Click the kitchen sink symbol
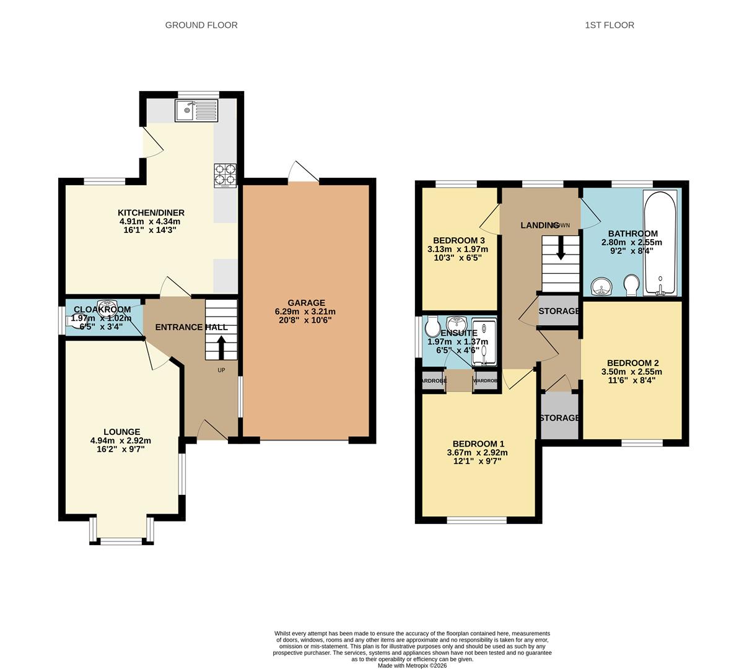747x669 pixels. pos(197,111)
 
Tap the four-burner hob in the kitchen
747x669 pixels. pos(225,175)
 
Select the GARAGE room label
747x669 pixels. pos(306,303)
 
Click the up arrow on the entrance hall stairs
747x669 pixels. pos(221,348)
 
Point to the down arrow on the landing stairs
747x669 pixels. pos(561,250)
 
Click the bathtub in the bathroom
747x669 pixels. pos(660,243)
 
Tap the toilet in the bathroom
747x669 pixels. pos(632,286)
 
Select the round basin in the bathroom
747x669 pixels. pos(601,286)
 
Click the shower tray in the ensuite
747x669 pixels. pos(484,340)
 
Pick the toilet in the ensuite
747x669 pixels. pos(432,325)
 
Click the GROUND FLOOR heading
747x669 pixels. pos(201,25)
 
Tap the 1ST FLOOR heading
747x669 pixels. pos(609,25)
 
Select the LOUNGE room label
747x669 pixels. pos(121,432)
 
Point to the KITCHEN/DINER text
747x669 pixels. pos(151,212)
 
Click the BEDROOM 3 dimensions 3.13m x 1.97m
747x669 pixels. pos(458,249)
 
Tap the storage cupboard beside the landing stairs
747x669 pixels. pos(559,312)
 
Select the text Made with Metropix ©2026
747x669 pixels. pos(412,665)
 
